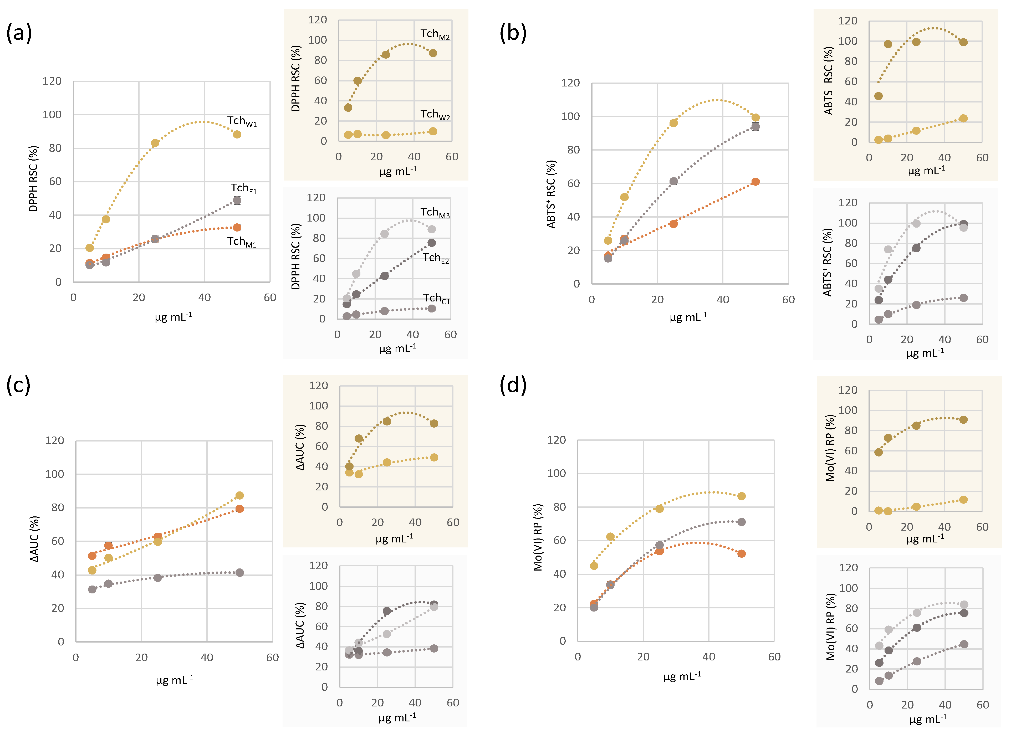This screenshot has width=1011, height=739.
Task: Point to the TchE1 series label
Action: (x=243, y=188)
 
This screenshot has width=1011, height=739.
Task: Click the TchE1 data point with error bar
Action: (x=237, y=201)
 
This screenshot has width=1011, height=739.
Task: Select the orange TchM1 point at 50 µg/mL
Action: (x=237, y=228)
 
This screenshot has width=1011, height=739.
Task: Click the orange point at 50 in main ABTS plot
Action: (x=755, y=182)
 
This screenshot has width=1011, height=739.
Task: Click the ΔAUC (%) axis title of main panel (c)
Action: (x=34, y=539)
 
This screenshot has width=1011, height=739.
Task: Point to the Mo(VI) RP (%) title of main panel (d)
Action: (x=538, y=537)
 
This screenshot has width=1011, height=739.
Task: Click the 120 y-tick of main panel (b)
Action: (x=570, y=83)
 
